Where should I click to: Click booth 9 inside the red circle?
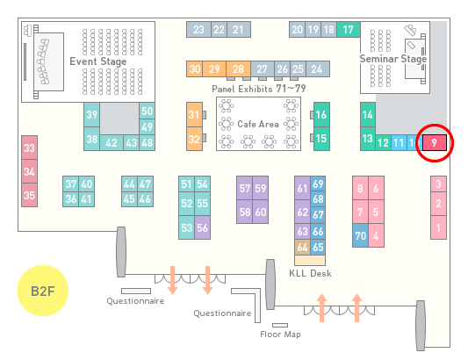[435, 143]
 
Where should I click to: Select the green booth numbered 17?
[349, 30]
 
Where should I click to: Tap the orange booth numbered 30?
[194, 69]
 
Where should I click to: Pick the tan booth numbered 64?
[302, 247]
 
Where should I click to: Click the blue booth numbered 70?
[360, 235]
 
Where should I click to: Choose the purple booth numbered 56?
[202, 227]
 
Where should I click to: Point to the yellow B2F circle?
[43, 291]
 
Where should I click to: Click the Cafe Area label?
[258, 124]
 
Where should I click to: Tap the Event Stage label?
[97, 61]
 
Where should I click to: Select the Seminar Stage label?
[392, 59]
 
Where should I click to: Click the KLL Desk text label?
[310, 273]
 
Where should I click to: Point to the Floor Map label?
[280, 334]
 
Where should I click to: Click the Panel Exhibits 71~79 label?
[259, 89]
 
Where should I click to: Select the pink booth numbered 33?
[29, 148]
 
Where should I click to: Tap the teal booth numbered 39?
[91, 115]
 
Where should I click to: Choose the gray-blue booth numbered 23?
[198, 30]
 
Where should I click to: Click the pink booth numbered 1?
[438, 227]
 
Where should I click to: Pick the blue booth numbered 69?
[318, 184]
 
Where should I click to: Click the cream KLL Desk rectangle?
[310, 260]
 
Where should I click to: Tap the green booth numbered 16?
[321, 115]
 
